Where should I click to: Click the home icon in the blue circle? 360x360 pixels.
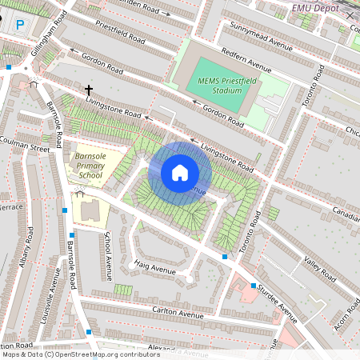pos(180,173)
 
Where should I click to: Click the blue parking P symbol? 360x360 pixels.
pos(20,26)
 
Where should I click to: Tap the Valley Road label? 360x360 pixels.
pos(317,267)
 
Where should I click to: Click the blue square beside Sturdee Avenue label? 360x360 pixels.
pos(254,286)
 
